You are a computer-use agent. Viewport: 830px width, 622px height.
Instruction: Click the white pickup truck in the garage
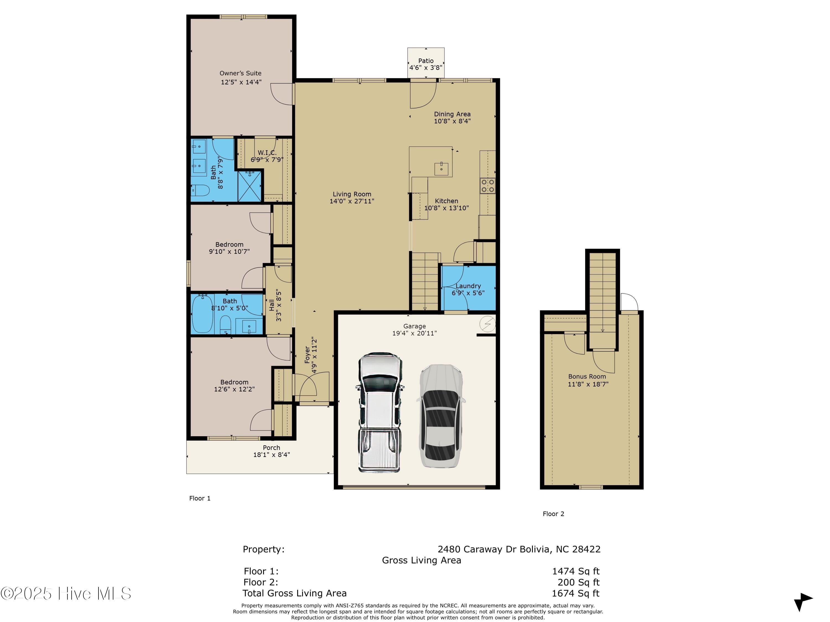[x=380, y=412]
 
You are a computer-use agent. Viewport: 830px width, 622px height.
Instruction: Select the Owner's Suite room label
[x=240, y=73]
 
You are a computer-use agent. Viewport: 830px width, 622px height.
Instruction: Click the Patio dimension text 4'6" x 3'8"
[x=426, y=68]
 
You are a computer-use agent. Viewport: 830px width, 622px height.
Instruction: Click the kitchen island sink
[x=441, y=169]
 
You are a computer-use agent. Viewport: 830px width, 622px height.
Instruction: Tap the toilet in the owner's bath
[x=200, y=190]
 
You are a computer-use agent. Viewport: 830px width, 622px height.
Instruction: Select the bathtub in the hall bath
[x=203, y=313]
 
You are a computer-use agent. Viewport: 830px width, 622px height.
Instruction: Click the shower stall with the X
[x=250, y=185]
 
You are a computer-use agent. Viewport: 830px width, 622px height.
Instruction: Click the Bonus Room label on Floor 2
[x=587, y=377]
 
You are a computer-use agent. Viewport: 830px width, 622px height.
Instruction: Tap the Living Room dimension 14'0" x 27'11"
[x=352, y=201]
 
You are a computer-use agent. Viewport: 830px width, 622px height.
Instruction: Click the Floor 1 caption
[x=200, y=498]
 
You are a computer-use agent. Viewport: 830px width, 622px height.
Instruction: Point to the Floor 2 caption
[x=553, y=514]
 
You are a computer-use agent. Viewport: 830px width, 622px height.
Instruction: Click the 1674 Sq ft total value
[x=575, y=594]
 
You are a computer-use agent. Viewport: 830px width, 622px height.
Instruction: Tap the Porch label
[x=271, y=448]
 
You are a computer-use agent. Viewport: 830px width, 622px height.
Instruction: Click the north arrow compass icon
[x=803, y=601]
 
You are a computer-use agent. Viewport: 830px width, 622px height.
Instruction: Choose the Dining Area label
[x=452, y=114]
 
